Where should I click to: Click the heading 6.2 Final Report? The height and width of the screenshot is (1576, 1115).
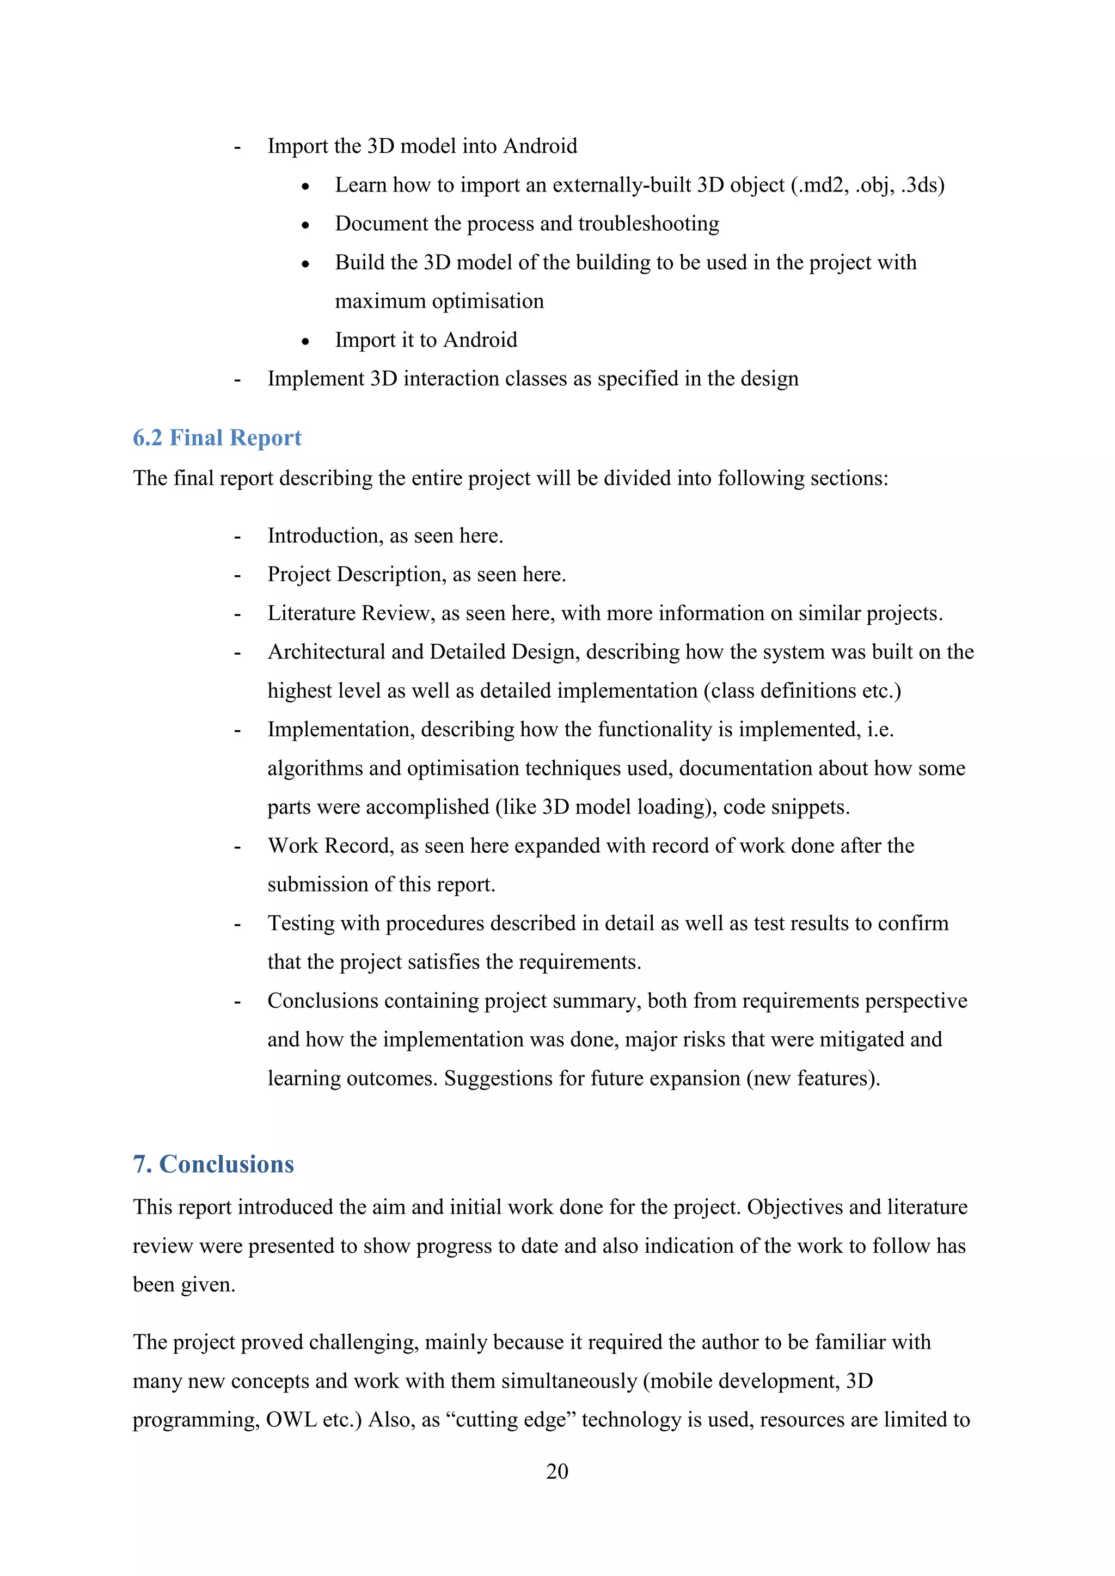pos(217,438)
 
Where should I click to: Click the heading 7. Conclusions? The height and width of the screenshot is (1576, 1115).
pos(213,1164)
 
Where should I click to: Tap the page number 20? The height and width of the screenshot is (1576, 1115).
pos(557,1471)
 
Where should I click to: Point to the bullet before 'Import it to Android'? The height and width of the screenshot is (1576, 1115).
pos(305,341)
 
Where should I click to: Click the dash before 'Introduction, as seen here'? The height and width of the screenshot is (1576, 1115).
pos(237,537)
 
